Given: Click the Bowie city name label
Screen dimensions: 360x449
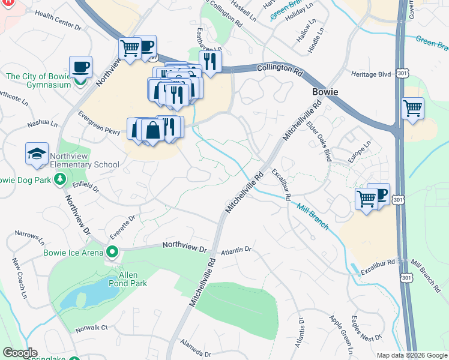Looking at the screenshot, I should (325, 92).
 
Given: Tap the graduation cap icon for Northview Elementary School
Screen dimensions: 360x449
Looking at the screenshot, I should (37, 154).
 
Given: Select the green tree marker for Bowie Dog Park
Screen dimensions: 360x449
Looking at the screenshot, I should (59, 179).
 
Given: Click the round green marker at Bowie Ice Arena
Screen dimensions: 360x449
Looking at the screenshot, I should (112, 251).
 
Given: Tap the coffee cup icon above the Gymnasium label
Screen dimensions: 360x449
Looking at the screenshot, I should (80, 67).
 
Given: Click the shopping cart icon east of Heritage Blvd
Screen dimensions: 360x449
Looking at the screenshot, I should (412, 109).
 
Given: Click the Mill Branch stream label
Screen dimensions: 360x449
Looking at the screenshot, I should (312, 216).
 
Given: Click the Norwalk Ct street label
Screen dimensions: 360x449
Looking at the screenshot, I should (91, 328).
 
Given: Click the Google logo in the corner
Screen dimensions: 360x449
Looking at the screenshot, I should (20, 353).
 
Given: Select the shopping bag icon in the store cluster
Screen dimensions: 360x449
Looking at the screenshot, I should (152, 130).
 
